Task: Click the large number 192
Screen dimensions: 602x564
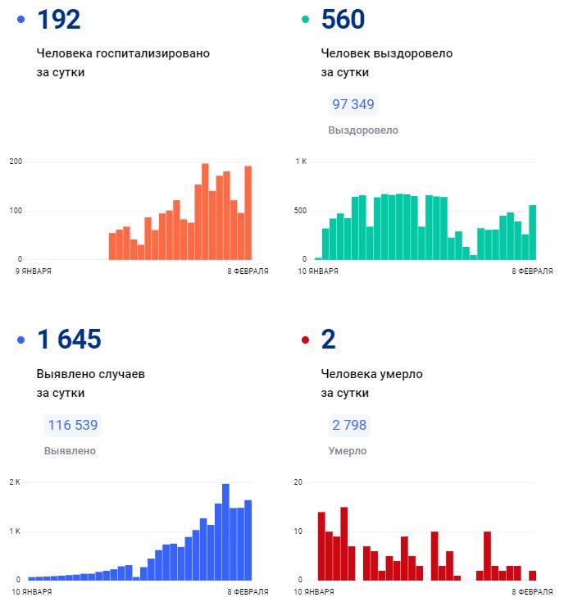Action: click(59, 20)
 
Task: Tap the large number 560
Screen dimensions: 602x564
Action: click(343, 20)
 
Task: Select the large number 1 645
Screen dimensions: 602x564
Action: click(69, 339)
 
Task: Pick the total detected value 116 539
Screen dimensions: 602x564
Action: click(73, 425)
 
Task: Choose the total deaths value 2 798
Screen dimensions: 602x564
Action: click(349, 425)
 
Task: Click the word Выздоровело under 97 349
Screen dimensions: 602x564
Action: click(363, 130)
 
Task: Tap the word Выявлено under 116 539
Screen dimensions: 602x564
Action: click(70, 450)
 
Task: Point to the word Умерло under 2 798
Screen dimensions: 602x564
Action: click(348, 450)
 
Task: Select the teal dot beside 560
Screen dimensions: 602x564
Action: click(306, 20)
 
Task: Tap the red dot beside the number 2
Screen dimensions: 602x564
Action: click(306, 340)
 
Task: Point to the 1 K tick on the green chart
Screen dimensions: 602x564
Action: click(301, 162)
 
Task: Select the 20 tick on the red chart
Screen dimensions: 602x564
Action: click(298, 482)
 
